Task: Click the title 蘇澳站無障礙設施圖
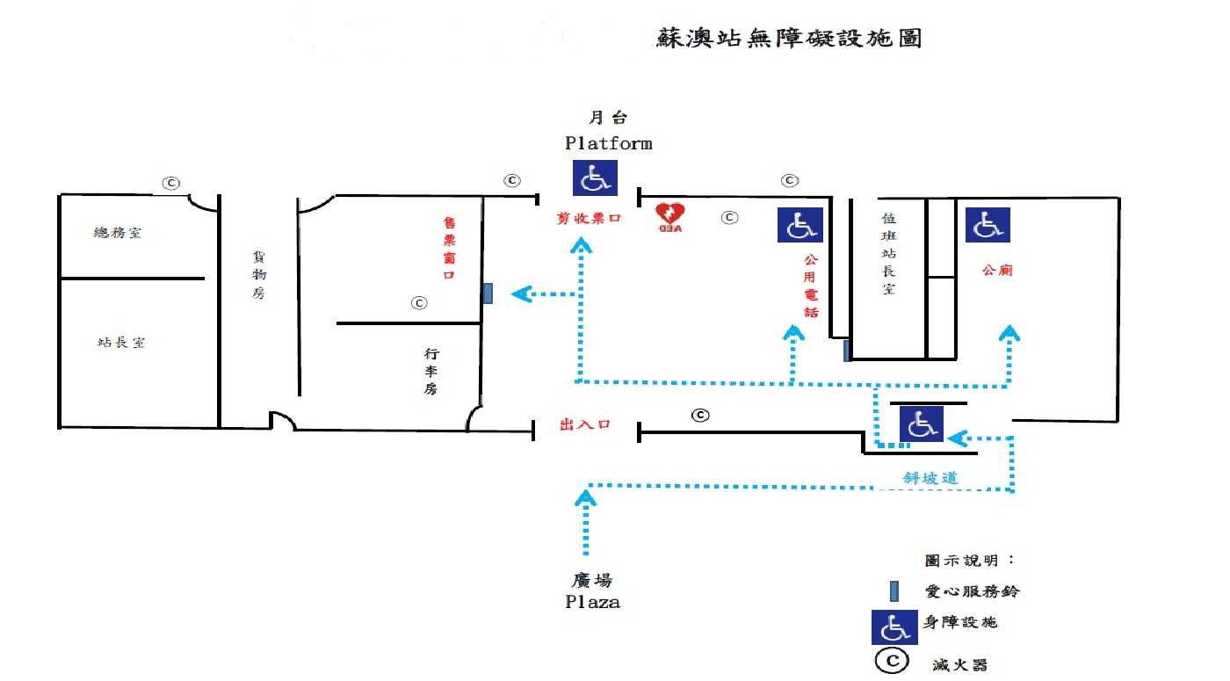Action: [788, 39]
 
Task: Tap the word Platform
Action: [608, 143]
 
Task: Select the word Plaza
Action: [591, 603]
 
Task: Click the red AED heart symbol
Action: [671, 214]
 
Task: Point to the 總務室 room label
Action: [118, 233]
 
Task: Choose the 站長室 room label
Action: [121, 342]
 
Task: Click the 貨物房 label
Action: [258, 274]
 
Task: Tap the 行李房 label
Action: [431, 371]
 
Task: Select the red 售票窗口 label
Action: [449, 249]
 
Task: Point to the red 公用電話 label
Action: [810, 286]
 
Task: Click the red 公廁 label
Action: [997, 271]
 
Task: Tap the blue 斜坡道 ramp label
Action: [930, 478]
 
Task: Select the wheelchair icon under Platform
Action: [595, 177]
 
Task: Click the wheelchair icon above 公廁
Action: [988, 225]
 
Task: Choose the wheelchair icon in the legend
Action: [894, 627]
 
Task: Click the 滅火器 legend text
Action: [959, 664]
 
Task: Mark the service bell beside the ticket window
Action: [488, 293]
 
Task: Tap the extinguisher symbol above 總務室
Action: [170, 183]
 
